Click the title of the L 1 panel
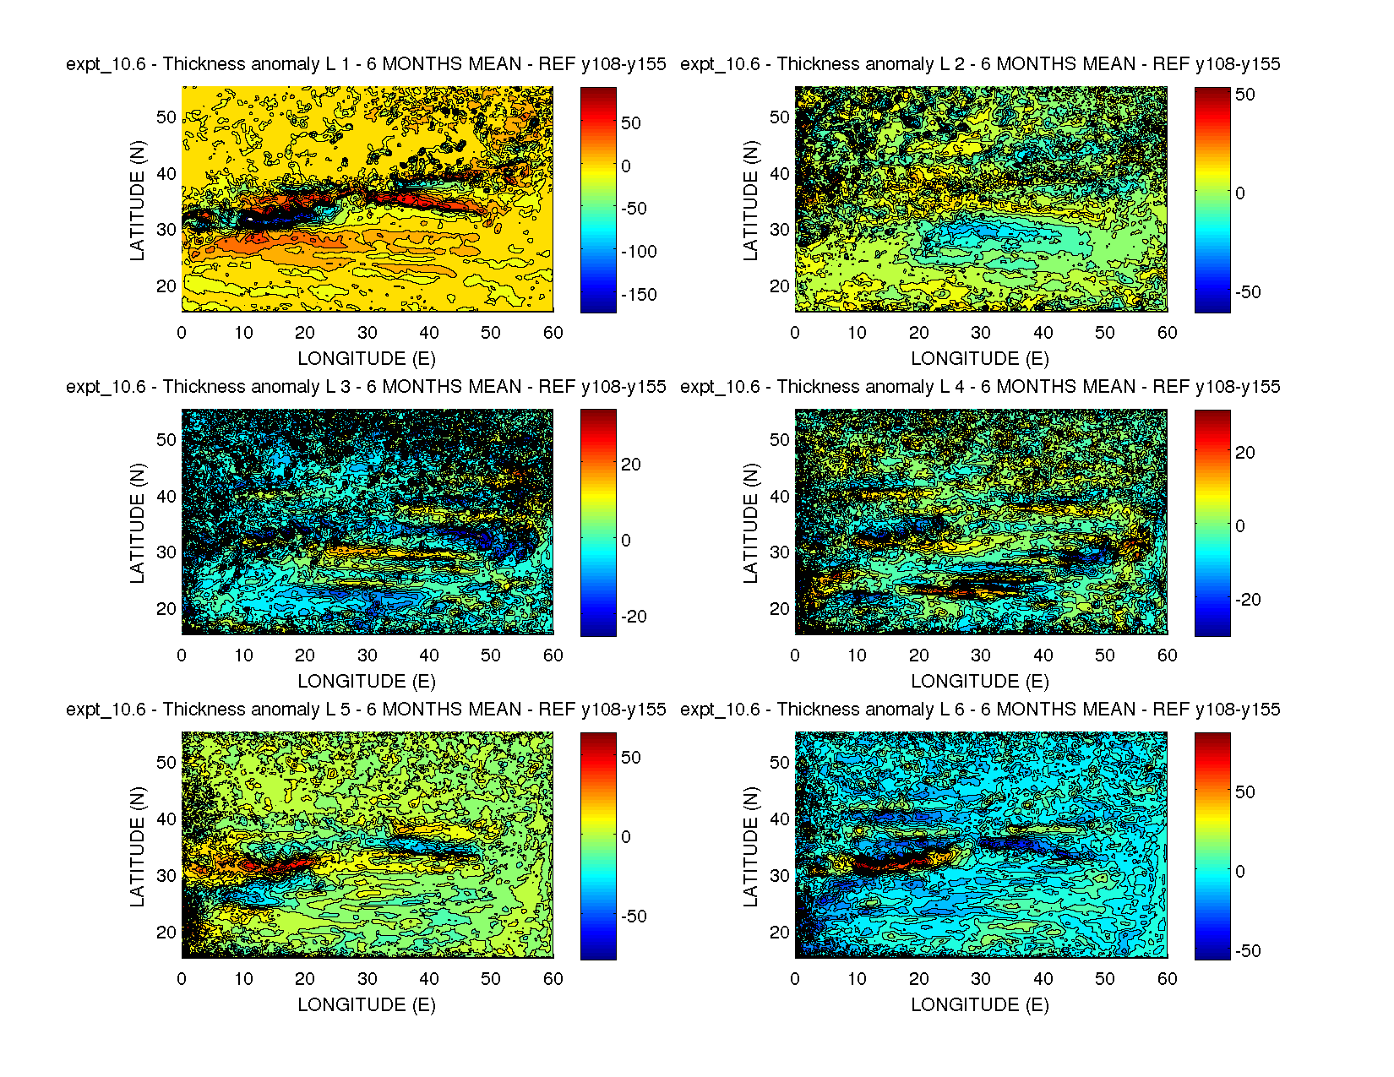click(366, 64)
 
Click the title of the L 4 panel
click(980, 387)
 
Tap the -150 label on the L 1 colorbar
click(639, 295)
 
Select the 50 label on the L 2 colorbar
click(1245, 95)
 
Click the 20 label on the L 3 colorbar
click(631, 465)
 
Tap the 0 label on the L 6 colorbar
click(1239, 872)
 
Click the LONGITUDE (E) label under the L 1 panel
click(367, 359)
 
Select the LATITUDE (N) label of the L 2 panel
click(750, 200)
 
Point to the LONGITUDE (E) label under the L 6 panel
click(980, 1005)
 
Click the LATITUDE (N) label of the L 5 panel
click(137, 846)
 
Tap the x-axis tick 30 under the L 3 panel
click(367, 655)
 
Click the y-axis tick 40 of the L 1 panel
click(166, 173)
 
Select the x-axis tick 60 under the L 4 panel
click(1167, 655)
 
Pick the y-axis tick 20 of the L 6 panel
click(780, 932)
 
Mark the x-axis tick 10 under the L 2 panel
click(857, 333)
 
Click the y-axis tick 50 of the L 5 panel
click(166, 762)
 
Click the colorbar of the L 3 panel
click(598, 523)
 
